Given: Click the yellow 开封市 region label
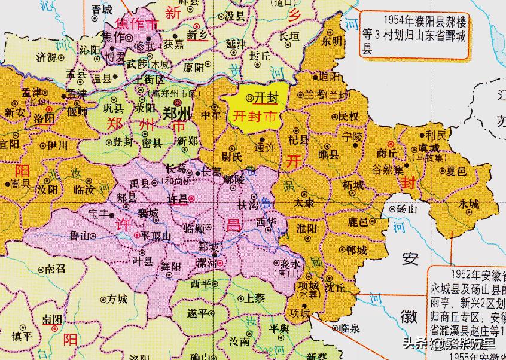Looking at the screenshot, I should coord(254,117).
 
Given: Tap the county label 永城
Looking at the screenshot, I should coord(469,204).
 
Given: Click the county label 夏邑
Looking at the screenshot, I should coord(456,172).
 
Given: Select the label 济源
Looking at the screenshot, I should coord(47,57).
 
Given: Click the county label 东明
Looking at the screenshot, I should coord(332,41).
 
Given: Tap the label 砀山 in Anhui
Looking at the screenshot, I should coord(409,209).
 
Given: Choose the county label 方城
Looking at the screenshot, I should coord(117,299).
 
